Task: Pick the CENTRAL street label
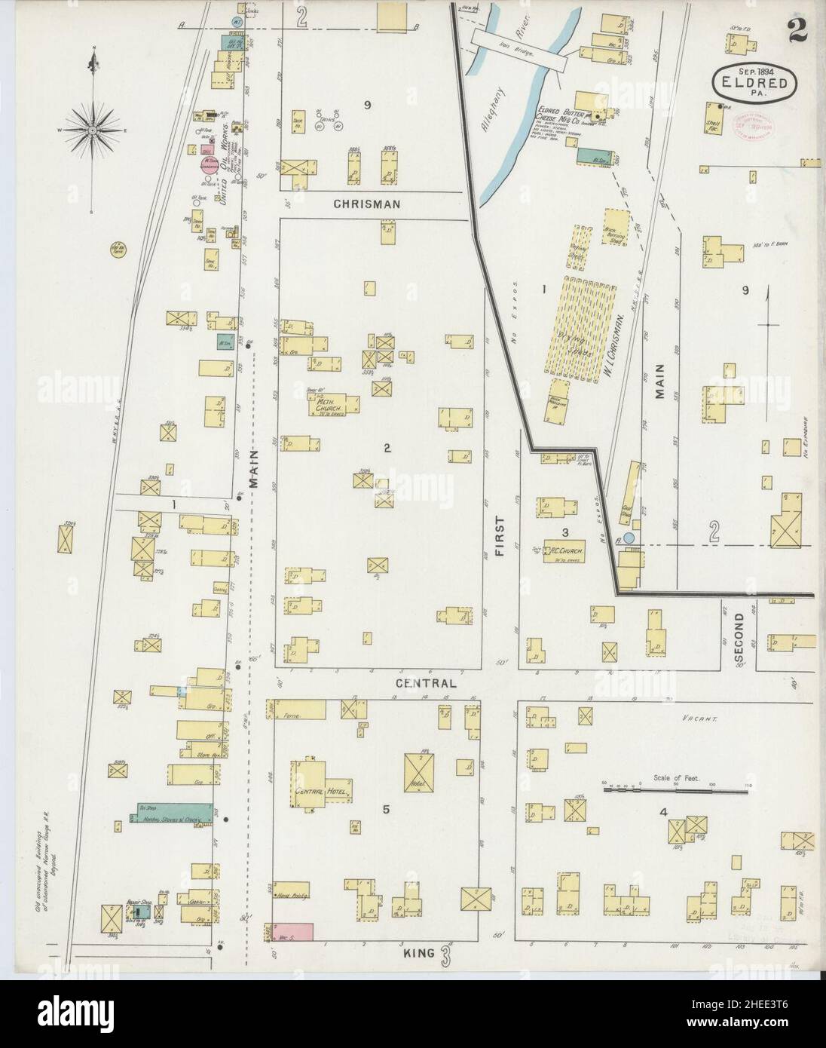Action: (x=427, y=684)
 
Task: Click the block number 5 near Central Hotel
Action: (x=386, y=810)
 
